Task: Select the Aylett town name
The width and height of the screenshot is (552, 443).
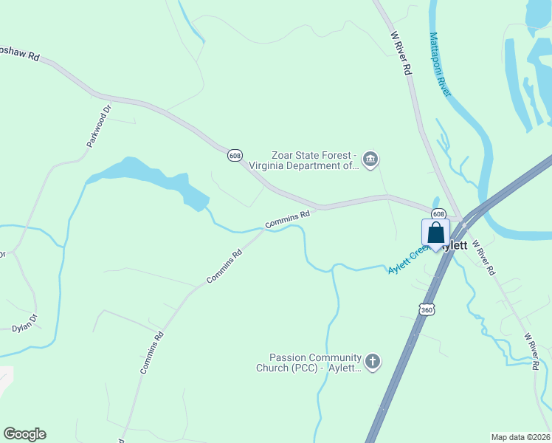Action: (455, 245)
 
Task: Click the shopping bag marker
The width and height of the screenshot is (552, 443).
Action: (435, 233)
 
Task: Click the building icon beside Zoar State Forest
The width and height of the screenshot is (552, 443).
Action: (371, 158)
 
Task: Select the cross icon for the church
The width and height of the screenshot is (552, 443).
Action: (373, 362)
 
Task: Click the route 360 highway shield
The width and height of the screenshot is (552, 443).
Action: (427, 310)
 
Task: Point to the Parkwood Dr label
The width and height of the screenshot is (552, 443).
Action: (98, 126)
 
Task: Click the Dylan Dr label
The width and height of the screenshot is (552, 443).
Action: (24, 323)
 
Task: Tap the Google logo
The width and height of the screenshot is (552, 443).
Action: (24, 434)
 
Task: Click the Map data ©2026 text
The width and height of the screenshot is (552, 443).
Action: (520, 436)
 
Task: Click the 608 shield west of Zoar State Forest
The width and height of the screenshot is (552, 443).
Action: (235, 155)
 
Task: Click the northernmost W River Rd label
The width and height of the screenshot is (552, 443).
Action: (401, 54)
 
